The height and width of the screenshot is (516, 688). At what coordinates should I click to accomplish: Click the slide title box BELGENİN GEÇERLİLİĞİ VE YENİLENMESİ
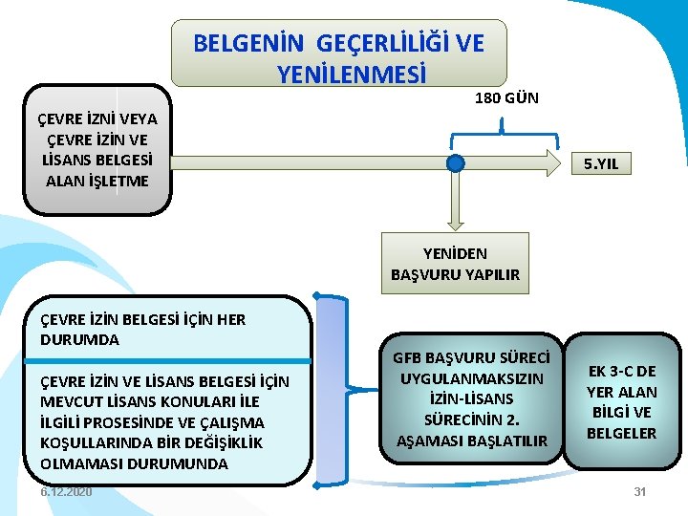tap(338, 54)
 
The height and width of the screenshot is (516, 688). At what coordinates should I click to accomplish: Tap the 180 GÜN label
tap(506, 97)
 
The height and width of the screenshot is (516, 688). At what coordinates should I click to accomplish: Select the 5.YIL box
tap(601, 164)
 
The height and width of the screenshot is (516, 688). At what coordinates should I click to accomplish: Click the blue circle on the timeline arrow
tap(456, 164)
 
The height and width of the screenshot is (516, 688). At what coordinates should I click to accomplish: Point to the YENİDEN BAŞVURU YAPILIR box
tap(455, 264)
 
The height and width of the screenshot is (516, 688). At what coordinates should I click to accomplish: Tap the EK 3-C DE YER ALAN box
tap(621, 401)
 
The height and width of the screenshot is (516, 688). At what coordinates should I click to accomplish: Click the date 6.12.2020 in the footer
tap(67, 491)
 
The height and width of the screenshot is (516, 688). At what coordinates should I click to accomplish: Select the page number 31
tap(640, 491)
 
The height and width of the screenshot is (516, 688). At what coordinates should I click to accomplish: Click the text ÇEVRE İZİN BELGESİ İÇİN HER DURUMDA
tap(142, 330)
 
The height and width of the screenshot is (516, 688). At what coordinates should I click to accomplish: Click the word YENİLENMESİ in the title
tap(352, 73)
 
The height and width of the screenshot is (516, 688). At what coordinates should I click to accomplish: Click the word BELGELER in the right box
tap(621, 433)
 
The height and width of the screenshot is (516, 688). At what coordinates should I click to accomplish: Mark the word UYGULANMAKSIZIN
tap(471, 378)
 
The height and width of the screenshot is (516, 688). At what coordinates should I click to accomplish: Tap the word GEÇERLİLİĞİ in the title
tap(372, 44)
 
